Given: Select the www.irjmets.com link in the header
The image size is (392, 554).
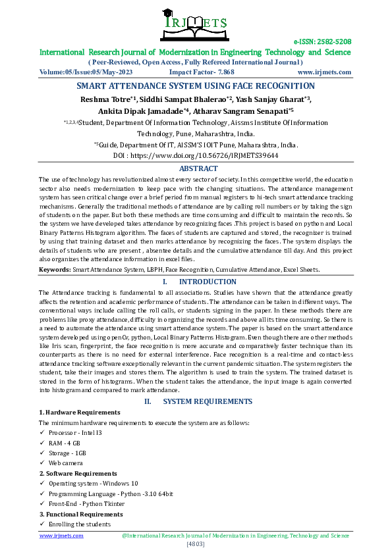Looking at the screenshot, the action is pos(324,72).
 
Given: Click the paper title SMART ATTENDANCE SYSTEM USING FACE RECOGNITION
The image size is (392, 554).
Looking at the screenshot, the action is pos(196,86).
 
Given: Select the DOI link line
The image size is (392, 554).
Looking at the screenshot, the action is pos(196,156).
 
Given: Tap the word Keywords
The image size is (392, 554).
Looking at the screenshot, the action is pos(55,269).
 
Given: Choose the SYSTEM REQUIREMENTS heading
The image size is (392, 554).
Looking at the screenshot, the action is pos(205,401).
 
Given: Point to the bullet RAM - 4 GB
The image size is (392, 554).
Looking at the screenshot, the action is pos(65,443).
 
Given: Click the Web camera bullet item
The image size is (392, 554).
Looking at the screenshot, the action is pos(66,463).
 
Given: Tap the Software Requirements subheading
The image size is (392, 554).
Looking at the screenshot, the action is pos(71,473).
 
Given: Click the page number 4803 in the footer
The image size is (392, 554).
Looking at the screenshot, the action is pos(196,544).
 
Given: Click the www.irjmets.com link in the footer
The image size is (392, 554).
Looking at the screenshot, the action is pos(61,536).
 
